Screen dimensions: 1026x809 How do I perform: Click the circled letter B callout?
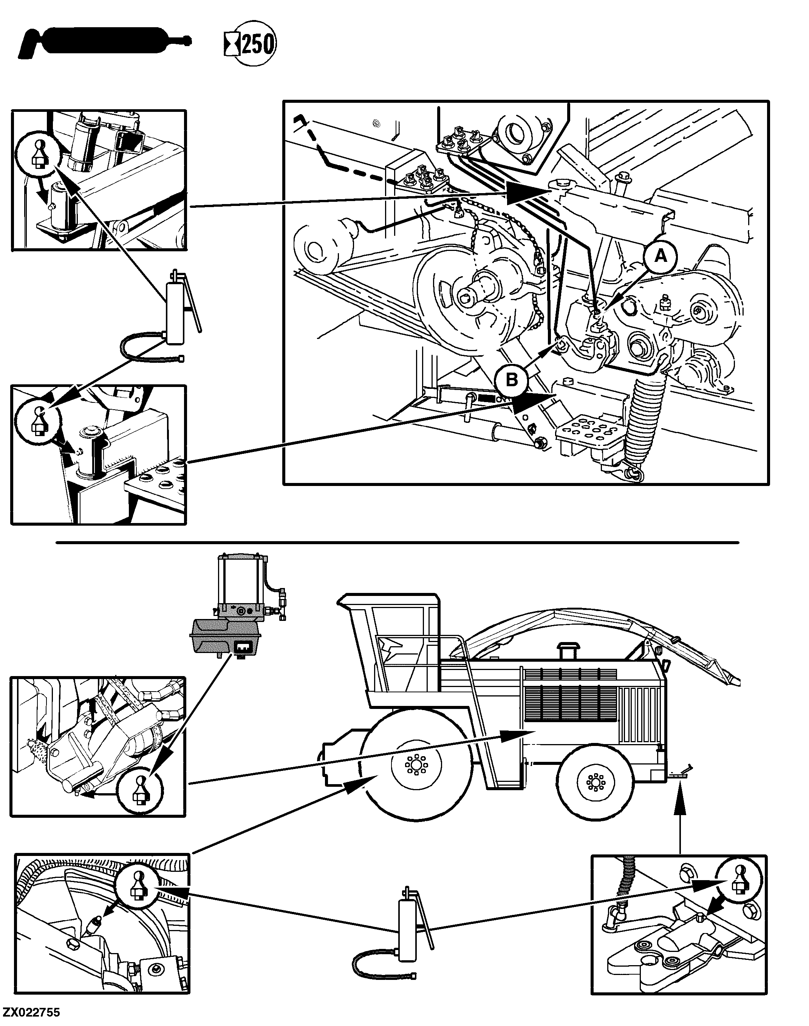pos(512,379)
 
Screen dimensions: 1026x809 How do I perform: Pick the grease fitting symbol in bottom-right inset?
pos(739,882)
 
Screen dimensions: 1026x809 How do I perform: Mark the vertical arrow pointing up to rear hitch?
pos(680,815)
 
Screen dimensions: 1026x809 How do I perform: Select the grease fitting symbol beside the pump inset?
pos(140,791)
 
